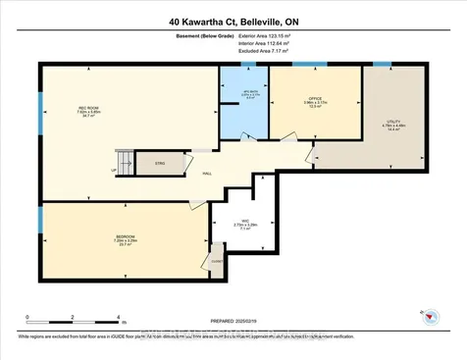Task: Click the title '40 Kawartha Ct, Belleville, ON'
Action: pos(233,21)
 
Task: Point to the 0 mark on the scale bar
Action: pos(28,318)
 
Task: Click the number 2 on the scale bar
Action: pos(74,318)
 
